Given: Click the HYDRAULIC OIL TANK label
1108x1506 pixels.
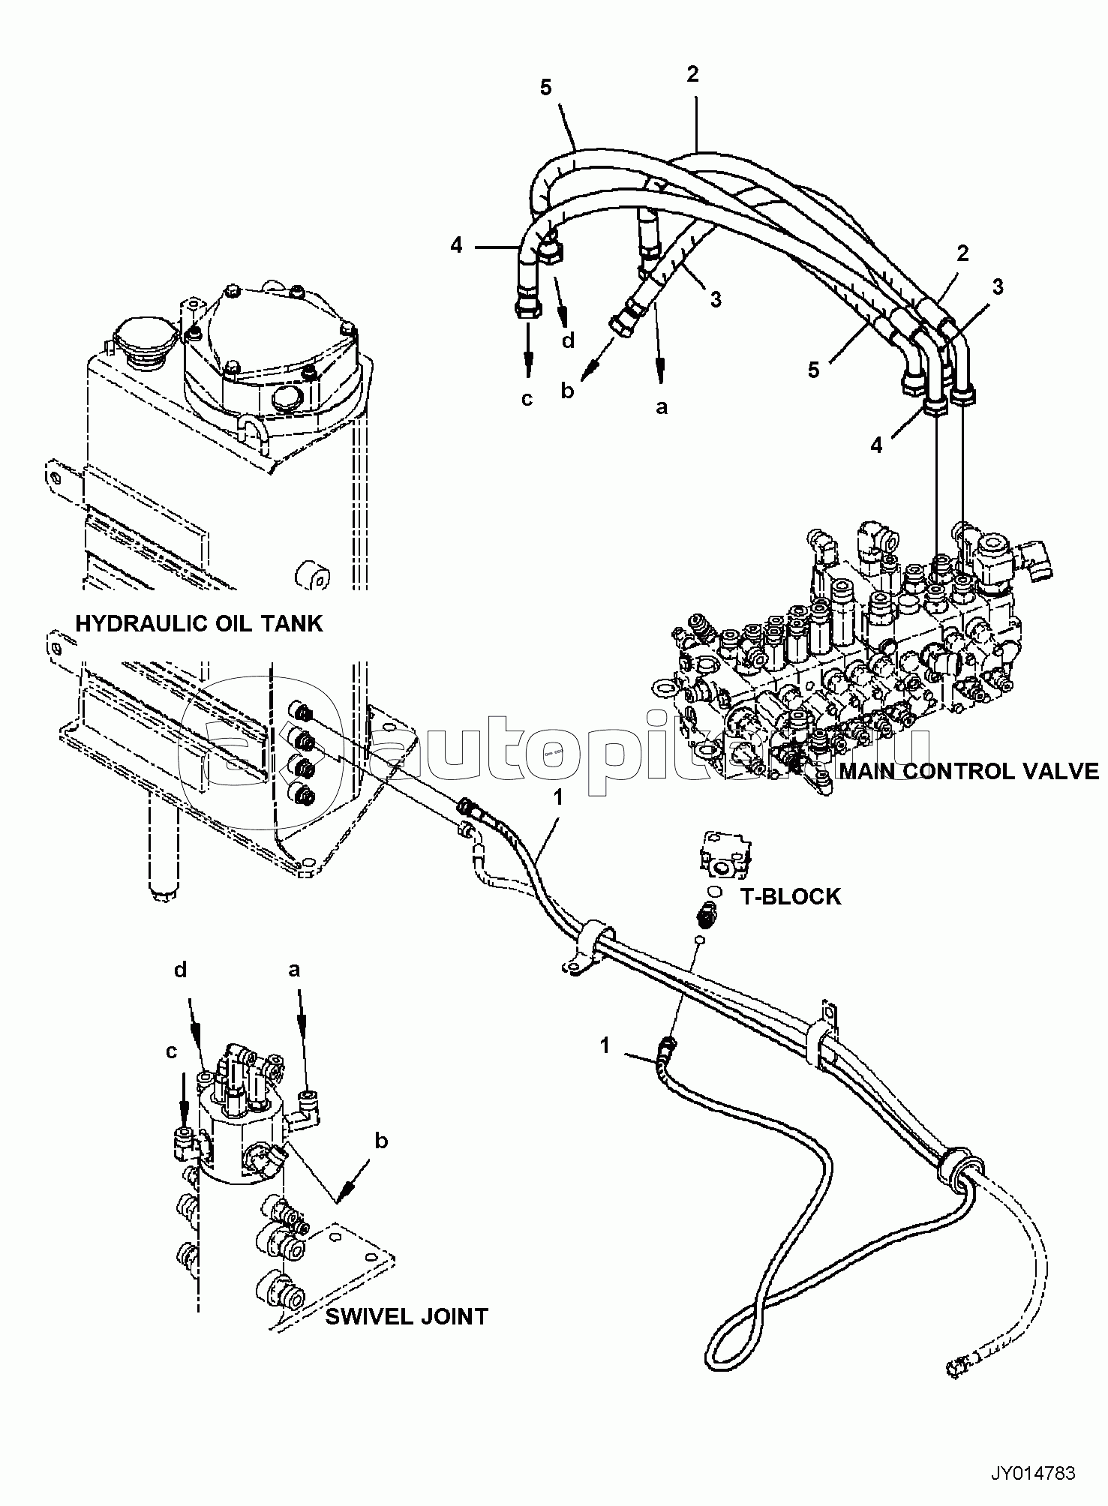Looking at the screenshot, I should [199, 623].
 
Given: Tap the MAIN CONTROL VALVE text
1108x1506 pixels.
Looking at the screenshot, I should [969, 771].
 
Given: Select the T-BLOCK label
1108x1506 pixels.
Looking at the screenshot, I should [791, 896].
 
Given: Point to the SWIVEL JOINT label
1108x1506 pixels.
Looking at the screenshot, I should [406, 1316].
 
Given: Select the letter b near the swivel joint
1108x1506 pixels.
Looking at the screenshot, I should [381, 1141].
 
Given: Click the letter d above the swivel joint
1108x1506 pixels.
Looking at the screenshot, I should [180, 970].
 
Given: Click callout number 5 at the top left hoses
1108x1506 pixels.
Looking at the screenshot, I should [545, 88].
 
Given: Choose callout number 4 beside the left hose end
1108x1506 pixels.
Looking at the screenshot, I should [457, 244].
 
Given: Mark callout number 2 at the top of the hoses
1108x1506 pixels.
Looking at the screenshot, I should [692, 73].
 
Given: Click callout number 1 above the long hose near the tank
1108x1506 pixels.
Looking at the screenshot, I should [557, 798].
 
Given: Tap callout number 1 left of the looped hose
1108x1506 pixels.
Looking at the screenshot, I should [606, 1045].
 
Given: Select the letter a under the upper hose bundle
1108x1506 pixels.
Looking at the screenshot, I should [661, 406].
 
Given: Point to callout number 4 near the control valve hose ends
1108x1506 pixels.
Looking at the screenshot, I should [876, 445].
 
